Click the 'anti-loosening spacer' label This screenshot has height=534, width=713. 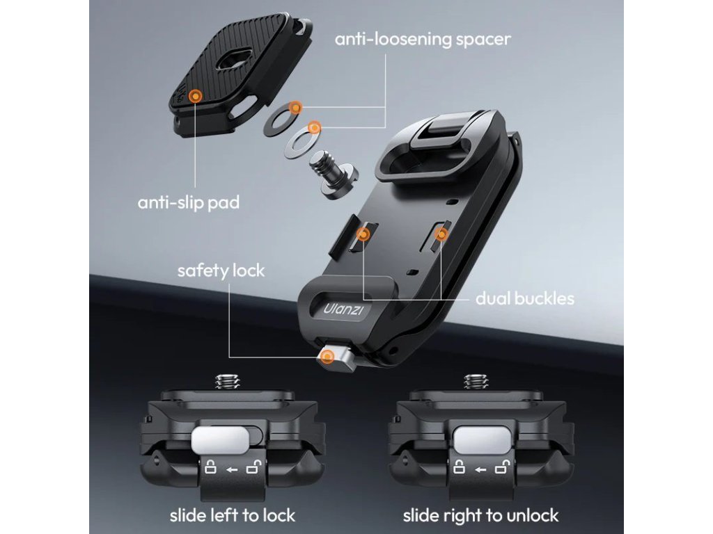[423, 39]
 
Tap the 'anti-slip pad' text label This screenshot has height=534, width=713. [189, 202]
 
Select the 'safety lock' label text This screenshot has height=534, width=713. [221, 270]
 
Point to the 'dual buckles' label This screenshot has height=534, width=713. [525, 298]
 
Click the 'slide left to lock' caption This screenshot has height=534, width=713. [233, 515]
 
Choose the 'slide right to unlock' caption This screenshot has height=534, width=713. [480, 515]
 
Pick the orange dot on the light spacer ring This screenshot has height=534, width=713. [315, 127]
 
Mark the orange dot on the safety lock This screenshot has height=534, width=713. [327, 357]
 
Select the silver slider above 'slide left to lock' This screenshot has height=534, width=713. [219, 439]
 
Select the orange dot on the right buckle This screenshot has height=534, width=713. [440, 234]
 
